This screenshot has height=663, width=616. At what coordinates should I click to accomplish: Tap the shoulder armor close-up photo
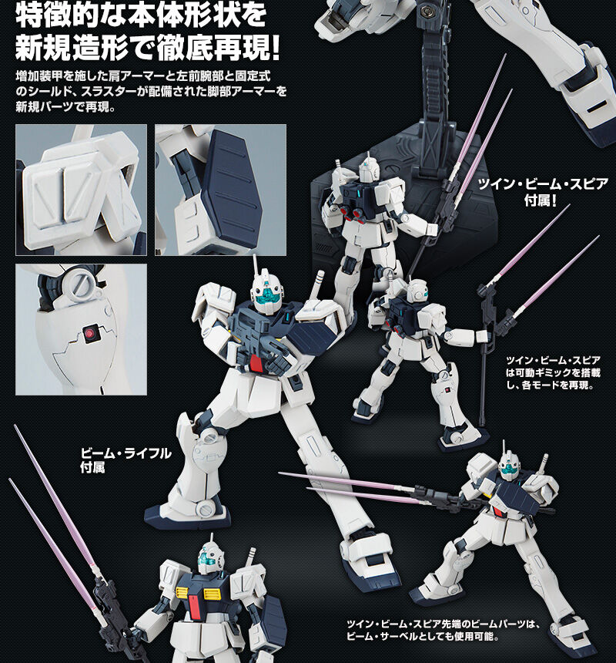(81, 190)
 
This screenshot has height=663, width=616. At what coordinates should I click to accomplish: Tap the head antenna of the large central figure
(255, 268)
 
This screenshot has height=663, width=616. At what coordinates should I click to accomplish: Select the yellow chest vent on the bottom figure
(182, 594)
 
